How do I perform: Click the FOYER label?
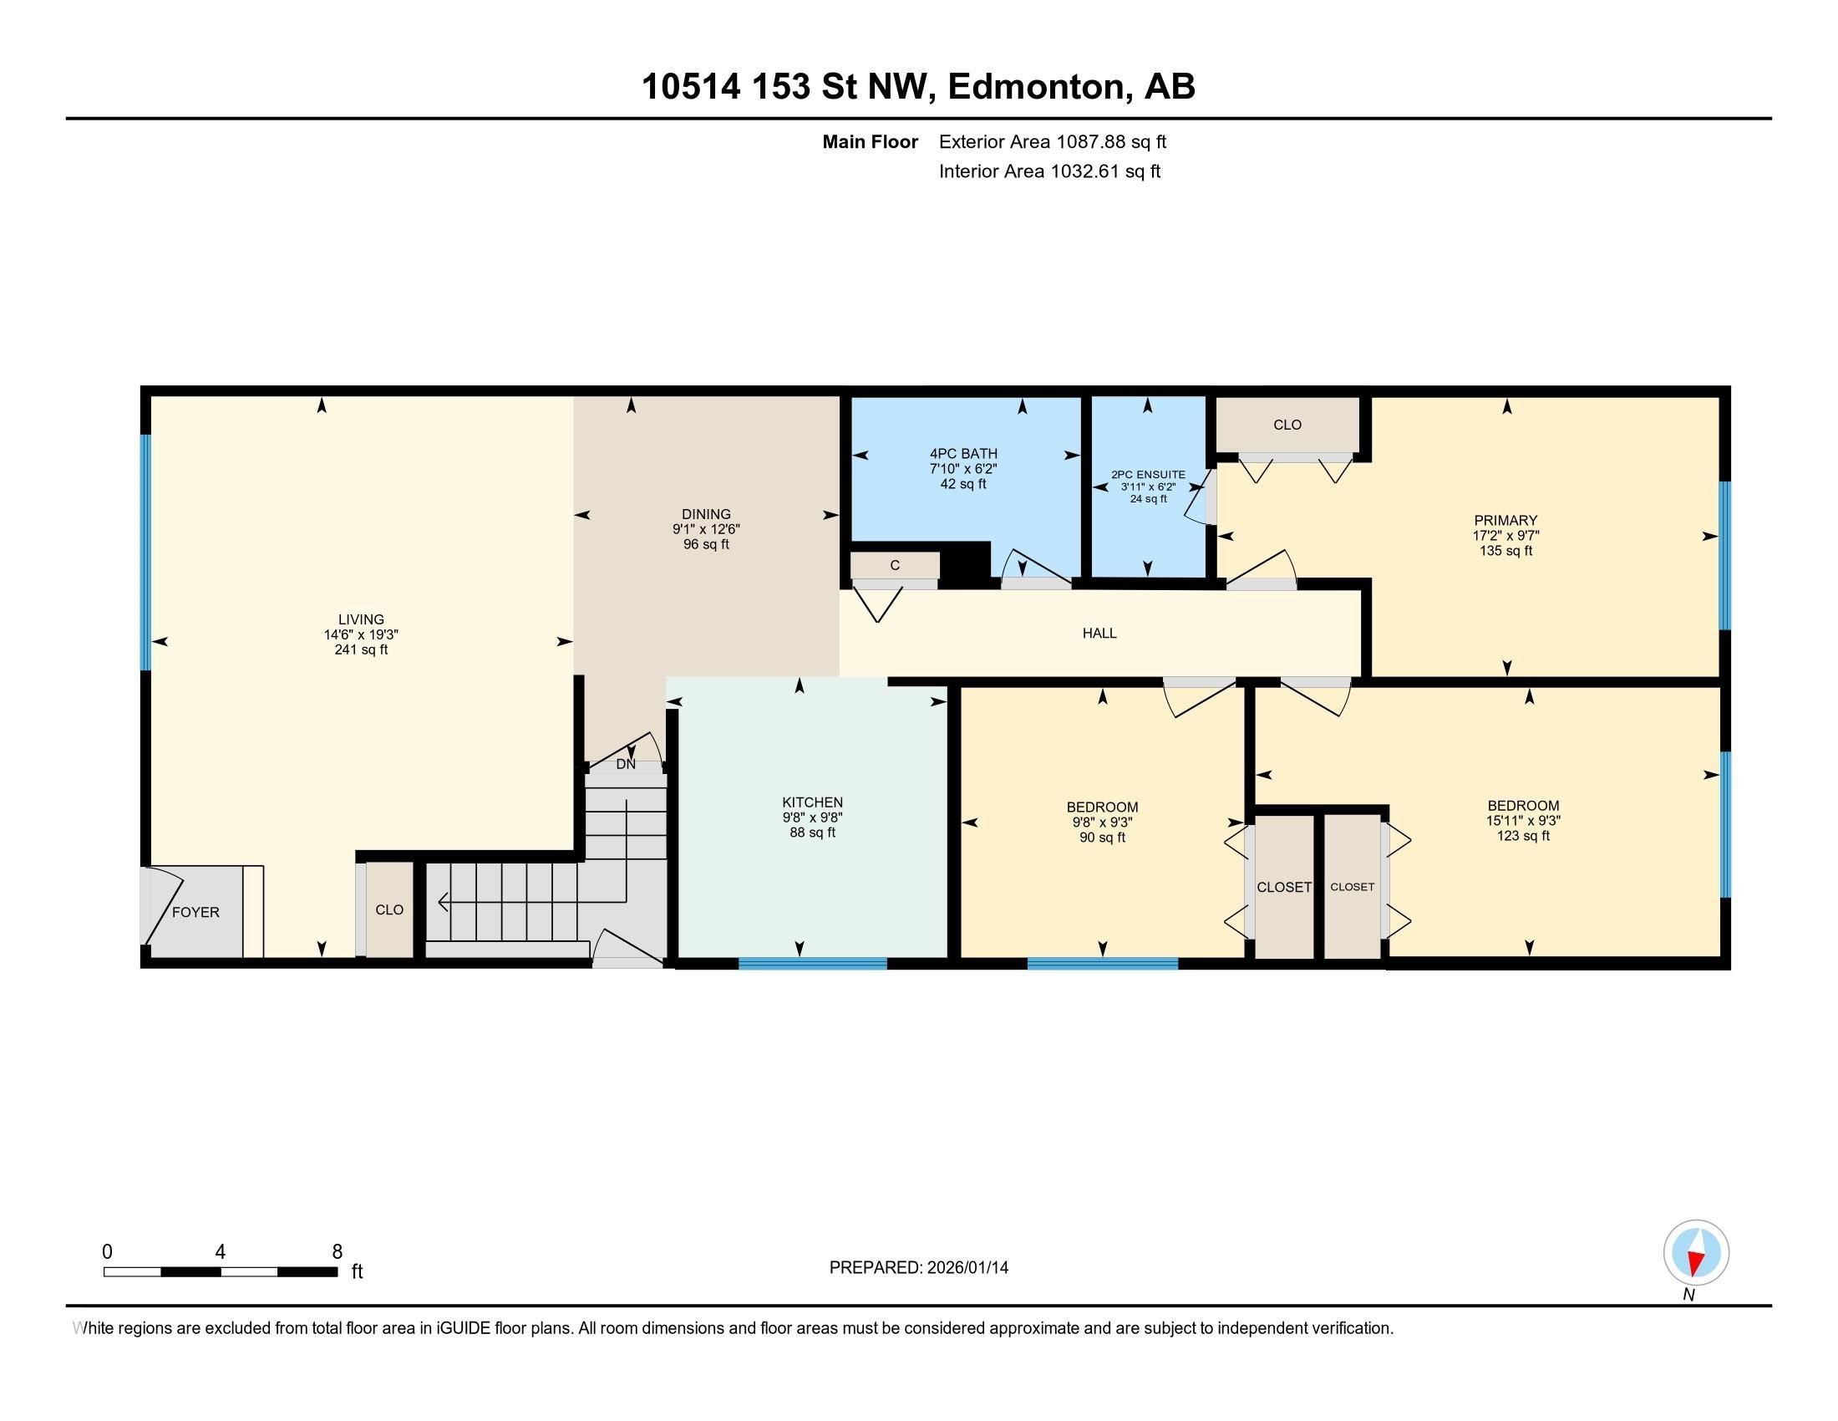195,912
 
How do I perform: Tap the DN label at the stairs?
626,764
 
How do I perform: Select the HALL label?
1099,633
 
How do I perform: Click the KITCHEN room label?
812,802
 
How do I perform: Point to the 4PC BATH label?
963,454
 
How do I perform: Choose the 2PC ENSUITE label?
1148,475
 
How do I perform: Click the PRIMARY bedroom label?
1505,520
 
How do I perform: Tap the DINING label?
706,514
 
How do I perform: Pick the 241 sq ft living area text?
361,649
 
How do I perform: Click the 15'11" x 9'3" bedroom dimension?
1523,820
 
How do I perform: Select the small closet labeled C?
895,566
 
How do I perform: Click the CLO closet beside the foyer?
389,909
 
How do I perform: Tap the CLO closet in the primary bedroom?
1287,425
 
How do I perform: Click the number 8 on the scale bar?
337,1252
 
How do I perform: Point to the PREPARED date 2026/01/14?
966,1268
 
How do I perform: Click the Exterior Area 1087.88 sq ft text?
1053,142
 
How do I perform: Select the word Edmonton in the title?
1036,87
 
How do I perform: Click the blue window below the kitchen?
812,964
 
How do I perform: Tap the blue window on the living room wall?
145,553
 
